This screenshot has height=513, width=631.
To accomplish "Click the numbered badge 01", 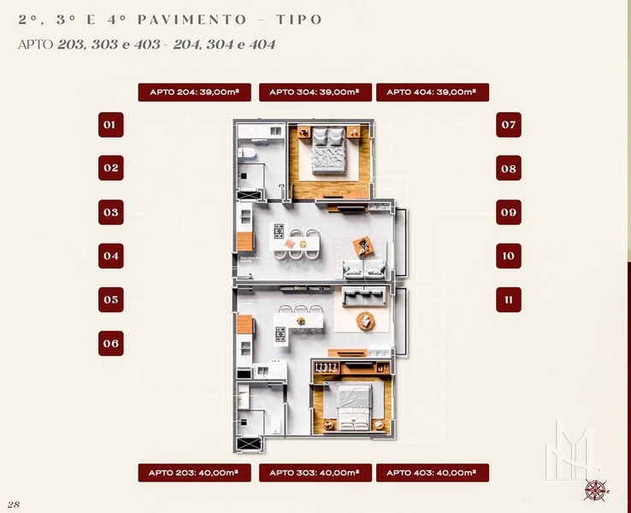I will (x=110, y=125).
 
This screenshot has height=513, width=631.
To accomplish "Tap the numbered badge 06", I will (x=110, y=344).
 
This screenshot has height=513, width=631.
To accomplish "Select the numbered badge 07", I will (x=509, y=125).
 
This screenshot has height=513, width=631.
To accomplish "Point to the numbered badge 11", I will (x=509, y=300).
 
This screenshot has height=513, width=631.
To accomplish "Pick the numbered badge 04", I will (x=110, y=256).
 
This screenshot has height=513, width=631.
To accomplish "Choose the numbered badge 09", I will (x=509, y=212).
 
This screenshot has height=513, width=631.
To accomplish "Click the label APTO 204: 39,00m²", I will (x=193, y=92).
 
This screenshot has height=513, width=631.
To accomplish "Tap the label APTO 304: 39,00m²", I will (x=315, y=92).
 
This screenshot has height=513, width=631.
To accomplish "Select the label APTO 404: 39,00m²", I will (x=432, y=92).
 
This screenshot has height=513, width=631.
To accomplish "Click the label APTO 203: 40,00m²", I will (x=193, y=473).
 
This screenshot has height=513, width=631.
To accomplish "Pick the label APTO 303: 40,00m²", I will (x=315, y=473).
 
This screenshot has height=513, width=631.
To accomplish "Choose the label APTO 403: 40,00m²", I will (x=432, y=473).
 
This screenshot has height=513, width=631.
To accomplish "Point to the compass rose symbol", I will (x=596, y=490).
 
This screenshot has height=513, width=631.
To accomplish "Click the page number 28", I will (x=13, y=504).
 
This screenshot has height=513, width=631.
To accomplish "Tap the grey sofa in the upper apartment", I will (x=363, y=269).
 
